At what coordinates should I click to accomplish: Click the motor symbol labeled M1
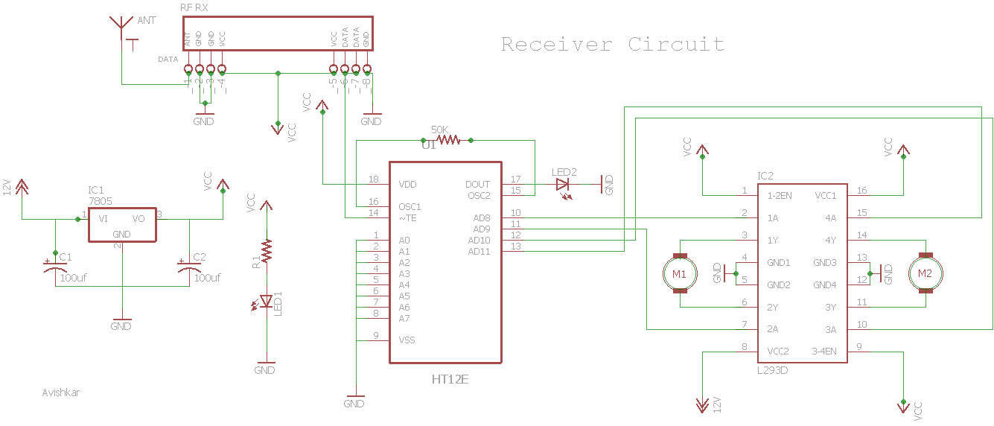[x=679, y=274]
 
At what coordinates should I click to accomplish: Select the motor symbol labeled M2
[x=925, y=274]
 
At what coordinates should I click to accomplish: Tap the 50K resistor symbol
[x=449, y=139]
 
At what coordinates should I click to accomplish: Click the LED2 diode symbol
[x=562, y=184]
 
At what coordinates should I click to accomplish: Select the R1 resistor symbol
[x=266, y=251]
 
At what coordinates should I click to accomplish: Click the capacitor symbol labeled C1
[x=55, y=267]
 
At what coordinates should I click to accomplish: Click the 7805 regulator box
[x=122, y=224]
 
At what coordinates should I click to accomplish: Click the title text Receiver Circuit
[x=612, y=44]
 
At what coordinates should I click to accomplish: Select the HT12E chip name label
[x=450, y=379]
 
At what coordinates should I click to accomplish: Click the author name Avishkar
[x=61, y=392]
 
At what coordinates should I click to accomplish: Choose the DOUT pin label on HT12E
[x=477, y=184]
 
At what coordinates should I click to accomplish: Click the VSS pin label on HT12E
[x=407, y=340]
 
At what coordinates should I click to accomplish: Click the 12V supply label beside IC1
[x=7, y=186]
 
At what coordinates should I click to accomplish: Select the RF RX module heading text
[x=194, y=7]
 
